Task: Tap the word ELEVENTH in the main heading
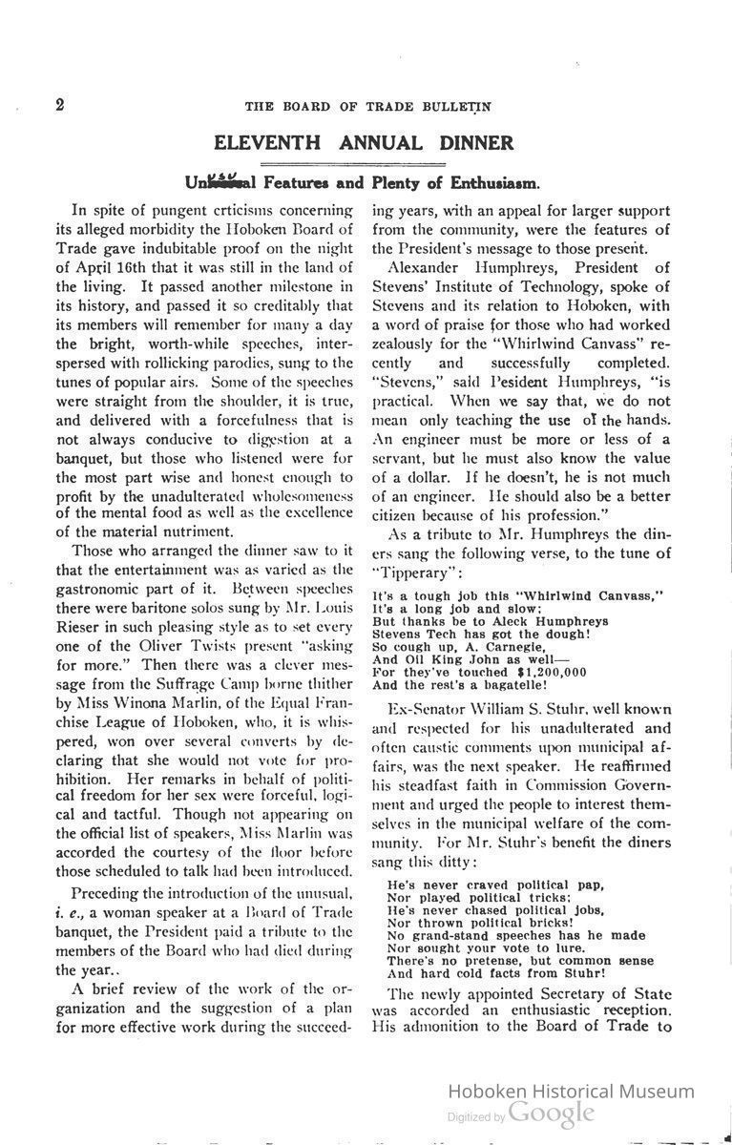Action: [x=268, y=143]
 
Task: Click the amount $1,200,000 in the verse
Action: [x=538, y=672]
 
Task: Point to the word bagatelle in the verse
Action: [x=512, y=684]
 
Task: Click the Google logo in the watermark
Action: [x=551, y=1113]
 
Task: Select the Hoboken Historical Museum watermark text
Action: [x=571, y=1091]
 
